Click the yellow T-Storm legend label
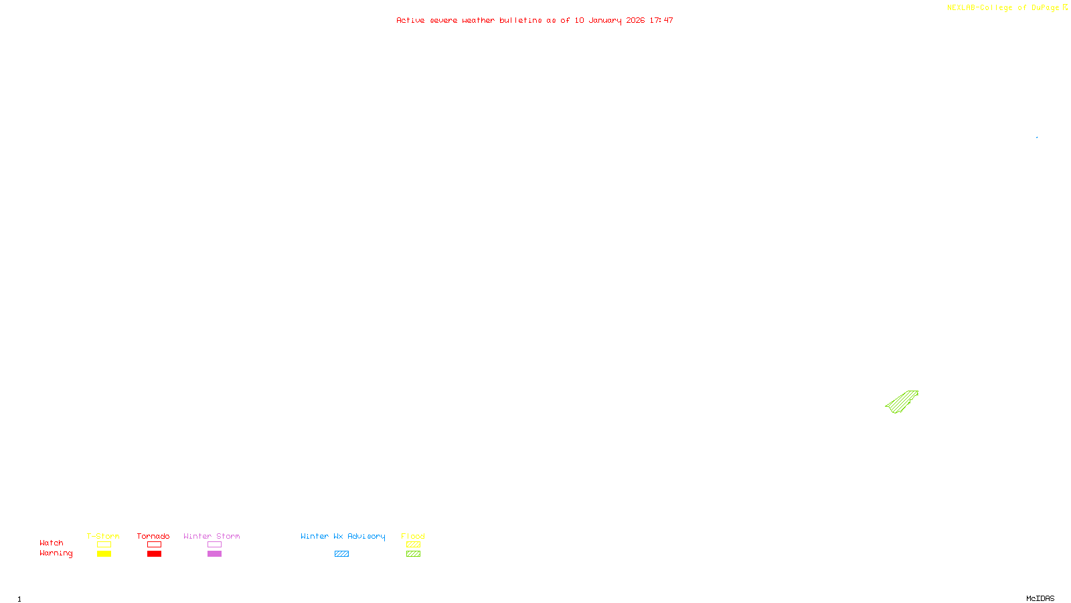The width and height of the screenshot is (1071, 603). pos(103,536)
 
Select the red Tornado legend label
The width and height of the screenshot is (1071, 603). pos(153,536)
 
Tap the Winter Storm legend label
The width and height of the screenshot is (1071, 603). pos(212,536)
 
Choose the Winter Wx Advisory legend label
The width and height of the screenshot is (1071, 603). pos(343,536)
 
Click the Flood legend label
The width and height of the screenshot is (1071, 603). pos(413,536)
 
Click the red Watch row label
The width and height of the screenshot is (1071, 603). pos(52,543)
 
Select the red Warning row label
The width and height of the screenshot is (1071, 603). pos(56,553)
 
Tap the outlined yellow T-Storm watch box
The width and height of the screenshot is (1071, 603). pos(104,545)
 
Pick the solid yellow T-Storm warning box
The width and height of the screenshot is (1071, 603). pos(104,554)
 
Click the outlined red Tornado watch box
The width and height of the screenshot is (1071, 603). pos(155,545)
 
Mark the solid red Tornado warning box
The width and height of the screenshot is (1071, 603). pos(155,554)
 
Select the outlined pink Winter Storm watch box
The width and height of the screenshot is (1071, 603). pos(214,545)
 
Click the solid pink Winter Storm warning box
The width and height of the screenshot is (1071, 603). pos(214,554)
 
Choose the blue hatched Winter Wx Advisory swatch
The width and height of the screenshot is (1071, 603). pos(341,554)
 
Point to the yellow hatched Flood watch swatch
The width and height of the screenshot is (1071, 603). pos(414,545)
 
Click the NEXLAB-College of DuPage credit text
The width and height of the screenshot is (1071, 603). pos(1003,8)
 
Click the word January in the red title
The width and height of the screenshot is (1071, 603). pos(605,20)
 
